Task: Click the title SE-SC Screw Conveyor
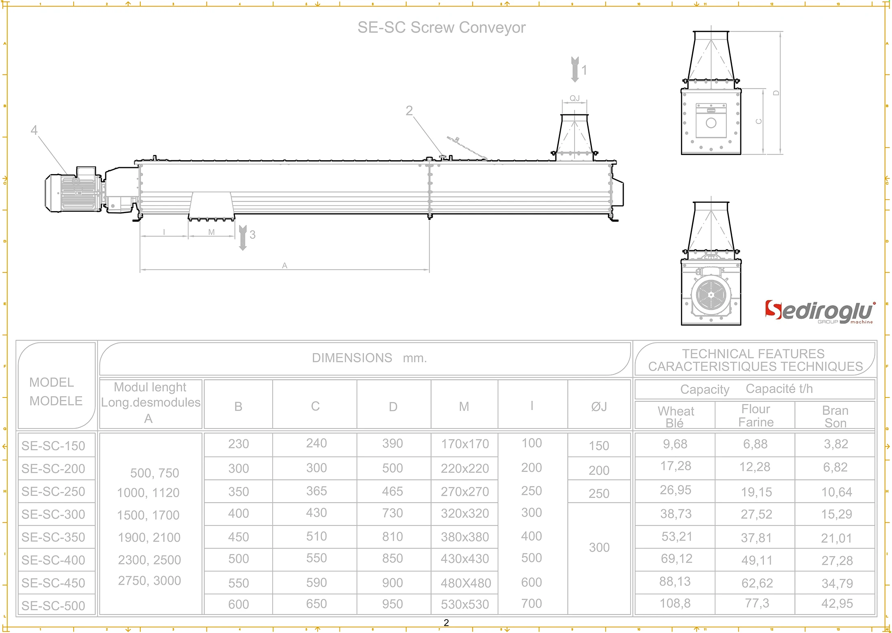pos(441,28)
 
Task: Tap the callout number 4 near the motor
pos(34,130)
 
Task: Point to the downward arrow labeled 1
pos(575,70)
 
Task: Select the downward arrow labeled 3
pos(243,238)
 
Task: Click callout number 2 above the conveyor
pos(409,111)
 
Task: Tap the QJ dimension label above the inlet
pos(574,98)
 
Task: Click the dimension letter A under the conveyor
pos(285,266)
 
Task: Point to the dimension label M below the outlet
pos(211,232)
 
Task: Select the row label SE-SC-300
pos(53,514)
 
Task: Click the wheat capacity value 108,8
pos(675,603)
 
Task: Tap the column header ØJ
pos(599,406)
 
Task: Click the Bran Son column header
pos(835,416)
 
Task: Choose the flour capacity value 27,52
pos(756,514)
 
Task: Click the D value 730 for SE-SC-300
pos(392,513)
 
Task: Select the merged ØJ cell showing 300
pos(599,548)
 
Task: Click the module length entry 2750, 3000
pos(149,581)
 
